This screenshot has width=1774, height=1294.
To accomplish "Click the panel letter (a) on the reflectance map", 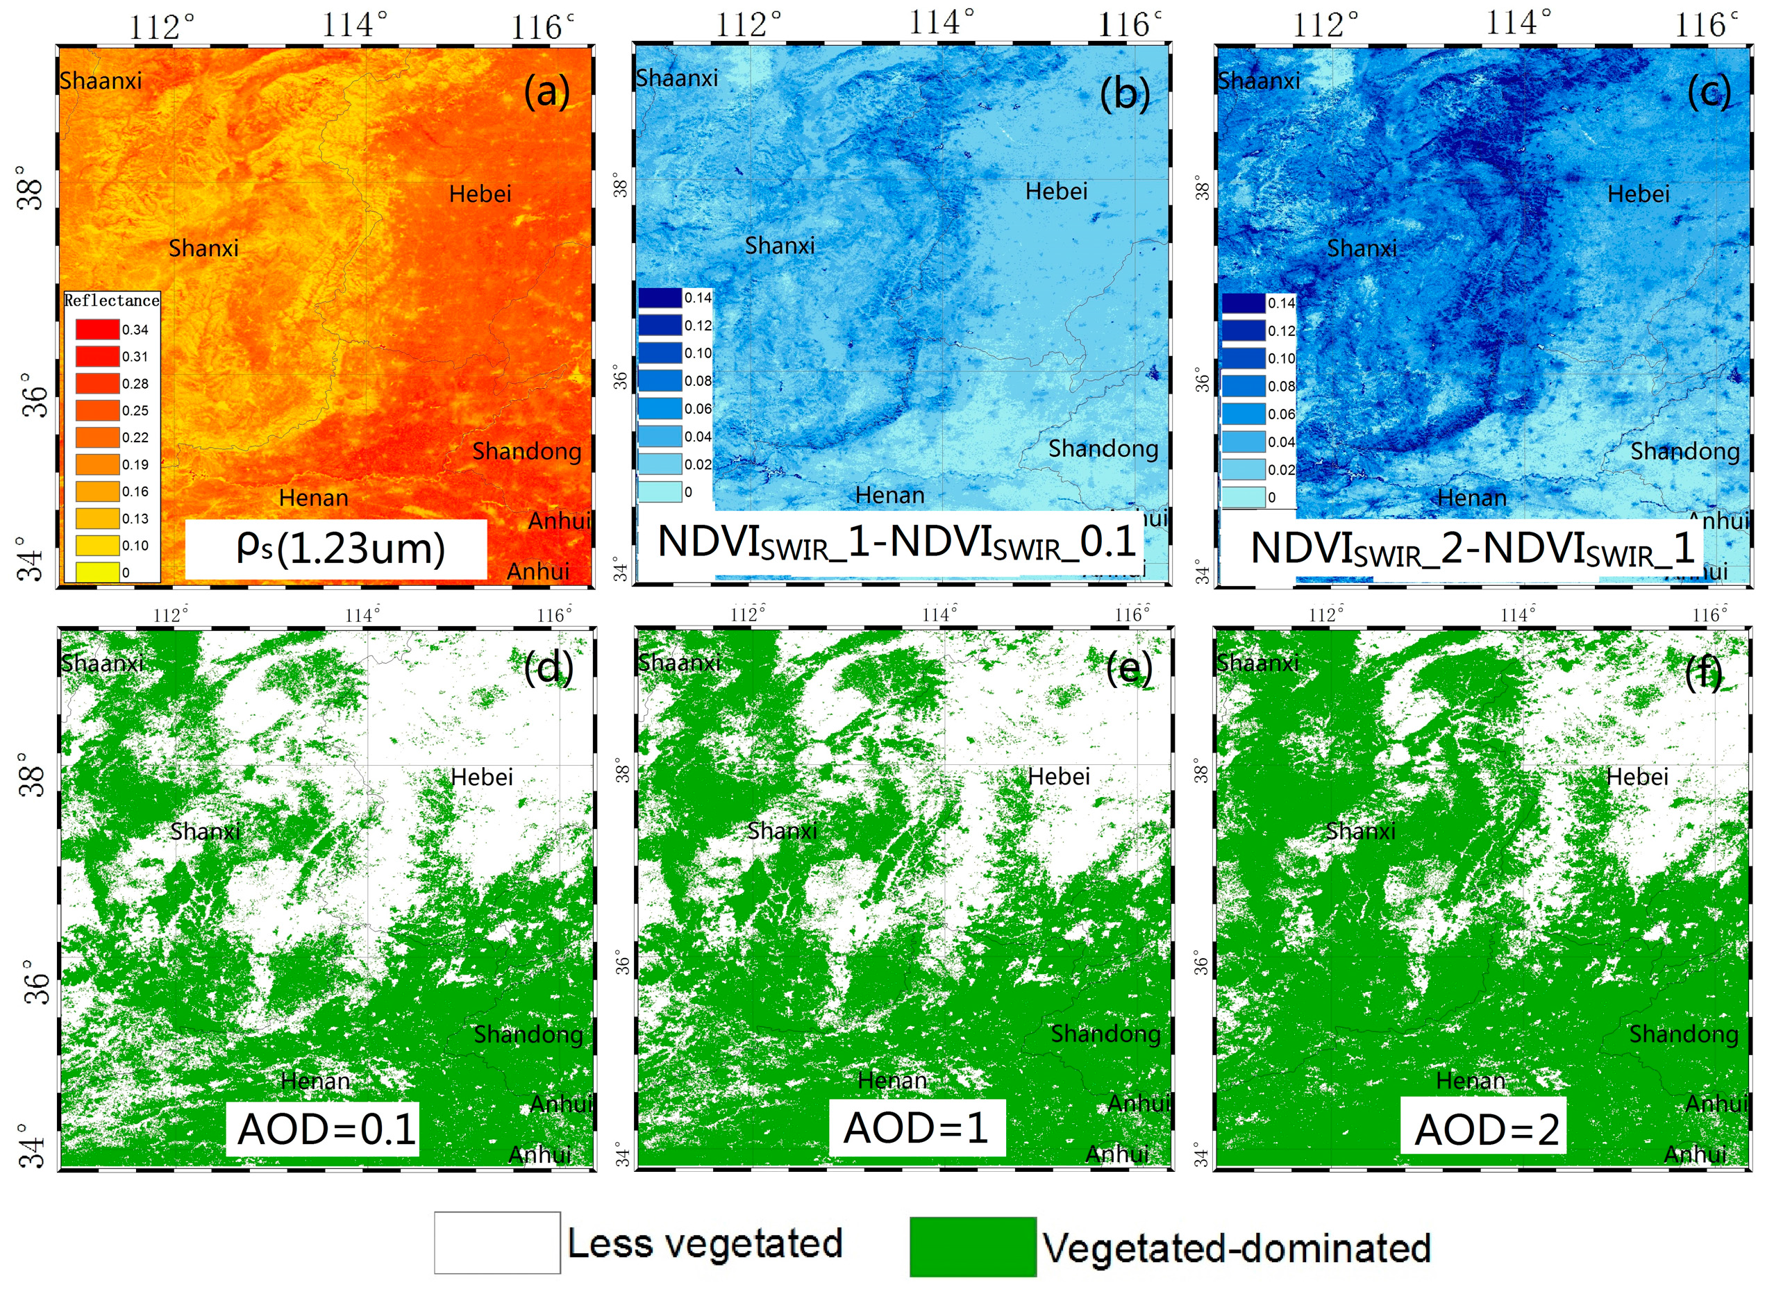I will click(x=546, y=92).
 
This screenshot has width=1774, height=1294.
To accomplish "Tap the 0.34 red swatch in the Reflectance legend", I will click(x=97, y=330).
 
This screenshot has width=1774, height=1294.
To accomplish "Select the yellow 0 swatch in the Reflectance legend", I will click(x=97, y=573).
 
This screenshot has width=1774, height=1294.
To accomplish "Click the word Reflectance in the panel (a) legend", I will click(x=111, y=301).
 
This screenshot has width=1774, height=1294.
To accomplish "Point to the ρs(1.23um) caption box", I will click(x=336, y=549).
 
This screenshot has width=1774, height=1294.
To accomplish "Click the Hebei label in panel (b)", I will click(x=1057, y=191).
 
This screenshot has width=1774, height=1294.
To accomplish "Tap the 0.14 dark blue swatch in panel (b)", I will click(x=660, y=298).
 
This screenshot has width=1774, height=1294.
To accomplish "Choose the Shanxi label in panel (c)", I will click(x=1362, y=249).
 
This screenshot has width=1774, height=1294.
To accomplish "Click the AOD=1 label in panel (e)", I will click(x=916, y=1129).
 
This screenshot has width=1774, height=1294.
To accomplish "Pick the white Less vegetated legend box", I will click(x=496, y=1243).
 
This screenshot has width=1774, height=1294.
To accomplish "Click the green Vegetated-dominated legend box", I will click(x=972, y=1246).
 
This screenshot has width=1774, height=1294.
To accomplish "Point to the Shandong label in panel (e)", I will click(x=1105, y=1034).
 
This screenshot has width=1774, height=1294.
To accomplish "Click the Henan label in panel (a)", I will click(x=313, y=498).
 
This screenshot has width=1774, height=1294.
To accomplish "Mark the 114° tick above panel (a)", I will click(x=354, y=25).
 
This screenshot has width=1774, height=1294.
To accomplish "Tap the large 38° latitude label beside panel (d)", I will click(x=33, y=775).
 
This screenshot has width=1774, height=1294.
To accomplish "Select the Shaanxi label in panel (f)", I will click(x=1257, y=664).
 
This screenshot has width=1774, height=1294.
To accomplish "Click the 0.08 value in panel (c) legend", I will click(x=1281, y=386).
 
